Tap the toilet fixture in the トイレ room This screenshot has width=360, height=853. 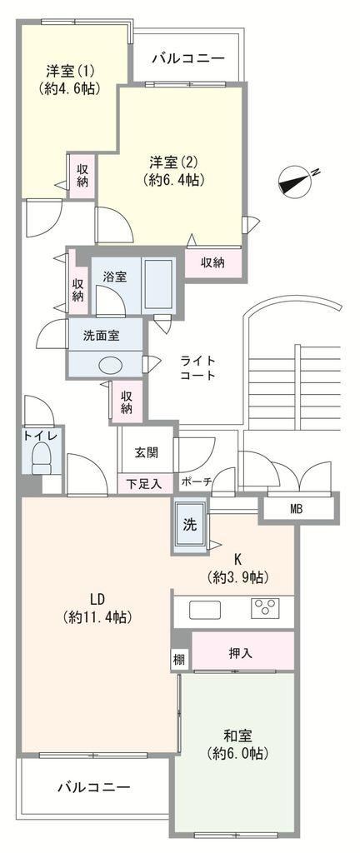40,460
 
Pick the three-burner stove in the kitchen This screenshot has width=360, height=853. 265,607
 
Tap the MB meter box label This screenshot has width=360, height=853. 297,509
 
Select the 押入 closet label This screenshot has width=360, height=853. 240,653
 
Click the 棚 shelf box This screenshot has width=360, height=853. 179,661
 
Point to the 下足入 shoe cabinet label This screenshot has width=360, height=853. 143,483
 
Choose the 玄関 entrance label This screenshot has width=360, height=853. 147,452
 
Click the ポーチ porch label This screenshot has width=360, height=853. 197,481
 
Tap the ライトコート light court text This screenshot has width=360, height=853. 198,367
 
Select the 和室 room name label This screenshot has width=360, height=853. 237,736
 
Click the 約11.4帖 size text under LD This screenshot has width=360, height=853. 97,617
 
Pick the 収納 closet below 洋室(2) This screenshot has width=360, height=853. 213,262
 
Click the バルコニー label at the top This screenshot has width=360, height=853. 187,58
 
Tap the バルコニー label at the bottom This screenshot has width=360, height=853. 94,786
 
